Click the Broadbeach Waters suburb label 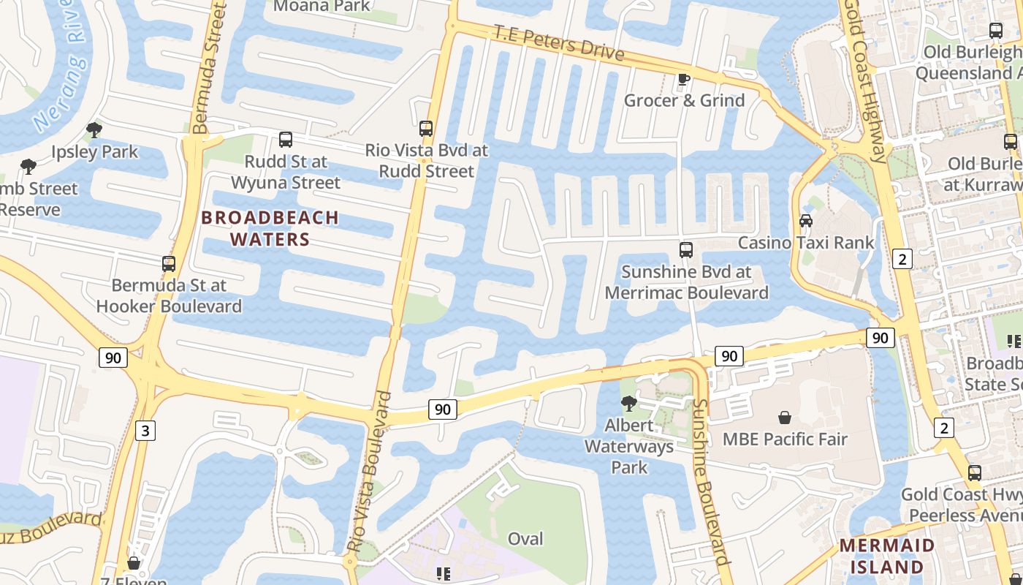[x=270, y=228]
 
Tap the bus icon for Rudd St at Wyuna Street [x=286, y=139]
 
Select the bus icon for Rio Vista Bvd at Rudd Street [x=426, y=129]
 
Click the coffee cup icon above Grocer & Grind [x=684, y=79]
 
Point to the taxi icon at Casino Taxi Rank [x=806, y=220]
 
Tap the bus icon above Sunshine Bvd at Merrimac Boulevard [x=686, y=250]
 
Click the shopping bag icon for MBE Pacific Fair [x=785, y=418]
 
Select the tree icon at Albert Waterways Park [x=628, y=403]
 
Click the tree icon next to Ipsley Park [x=94, y=130]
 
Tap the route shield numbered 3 [x=145, y=431]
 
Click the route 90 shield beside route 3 [x=113, y=358]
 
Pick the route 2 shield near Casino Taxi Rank [x=903, y=258]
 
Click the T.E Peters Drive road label [x=559, y=43]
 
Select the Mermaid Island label [x=886, y=556]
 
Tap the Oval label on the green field [x=525, y=539]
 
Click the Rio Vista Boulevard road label [x=370, y=472]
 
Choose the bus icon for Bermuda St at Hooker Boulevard [x=169, y=264]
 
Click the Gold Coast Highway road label [x=868, y=80]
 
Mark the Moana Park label [x=322, y=7]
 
